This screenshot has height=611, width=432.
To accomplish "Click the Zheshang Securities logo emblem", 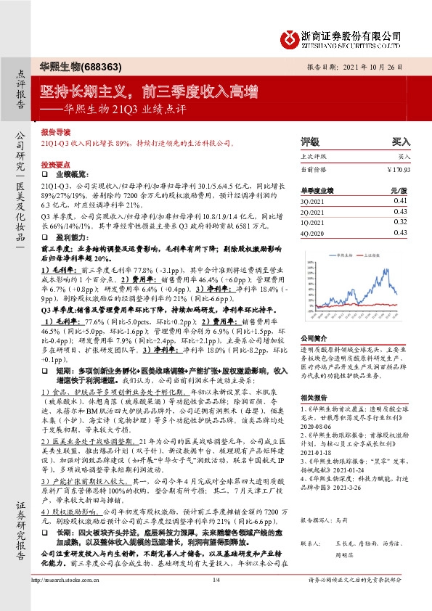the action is tap(290, 37).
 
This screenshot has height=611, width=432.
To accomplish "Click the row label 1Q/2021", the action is tap(313, 222).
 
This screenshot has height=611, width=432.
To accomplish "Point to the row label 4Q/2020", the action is tap(313, 233).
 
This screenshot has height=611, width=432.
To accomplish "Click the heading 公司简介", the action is tap(314, 337).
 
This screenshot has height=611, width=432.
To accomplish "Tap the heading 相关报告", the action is tap(314, 398).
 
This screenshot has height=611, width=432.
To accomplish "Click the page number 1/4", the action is tap(216, 599).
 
